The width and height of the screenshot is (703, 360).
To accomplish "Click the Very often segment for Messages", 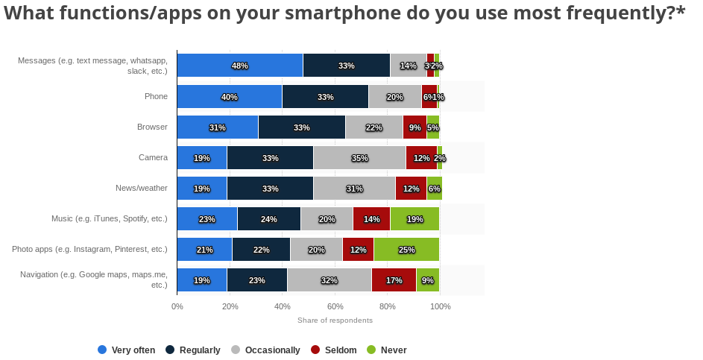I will click(x=240, y=66).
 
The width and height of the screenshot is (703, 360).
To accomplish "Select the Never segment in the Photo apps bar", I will click(x=406, y=250).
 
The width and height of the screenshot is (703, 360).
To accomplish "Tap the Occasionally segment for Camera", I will click(x=359, y=158).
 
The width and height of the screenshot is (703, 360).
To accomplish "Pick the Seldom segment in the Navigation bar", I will click(x=394, y=280).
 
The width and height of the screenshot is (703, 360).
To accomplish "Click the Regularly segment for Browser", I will click(x=302, y=127).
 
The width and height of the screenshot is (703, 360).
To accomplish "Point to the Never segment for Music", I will click(x=414, y=219).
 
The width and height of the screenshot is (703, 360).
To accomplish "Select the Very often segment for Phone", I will click(x=230, y=97).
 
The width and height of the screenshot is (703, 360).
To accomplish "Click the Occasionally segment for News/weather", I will click(x=354, y=189).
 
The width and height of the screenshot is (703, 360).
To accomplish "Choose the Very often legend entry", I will click(x=127, y=350).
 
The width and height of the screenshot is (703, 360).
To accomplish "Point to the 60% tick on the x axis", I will click(x=335, y=306).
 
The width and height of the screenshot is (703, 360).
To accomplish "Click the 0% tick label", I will click(x=177, y=306).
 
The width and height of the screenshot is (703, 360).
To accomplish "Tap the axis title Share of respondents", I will click(x=335, y=320).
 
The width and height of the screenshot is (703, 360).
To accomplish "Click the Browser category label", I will click(x=152, y=127).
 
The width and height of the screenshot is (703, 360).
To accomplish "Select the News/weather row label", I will click(x=142, y=188).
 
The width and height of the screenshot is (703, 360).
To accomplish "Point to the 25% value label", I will click(x=406, y=250).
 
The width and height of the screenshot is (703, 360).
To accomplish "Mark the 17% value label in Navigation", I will click(x=394, y=280).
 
